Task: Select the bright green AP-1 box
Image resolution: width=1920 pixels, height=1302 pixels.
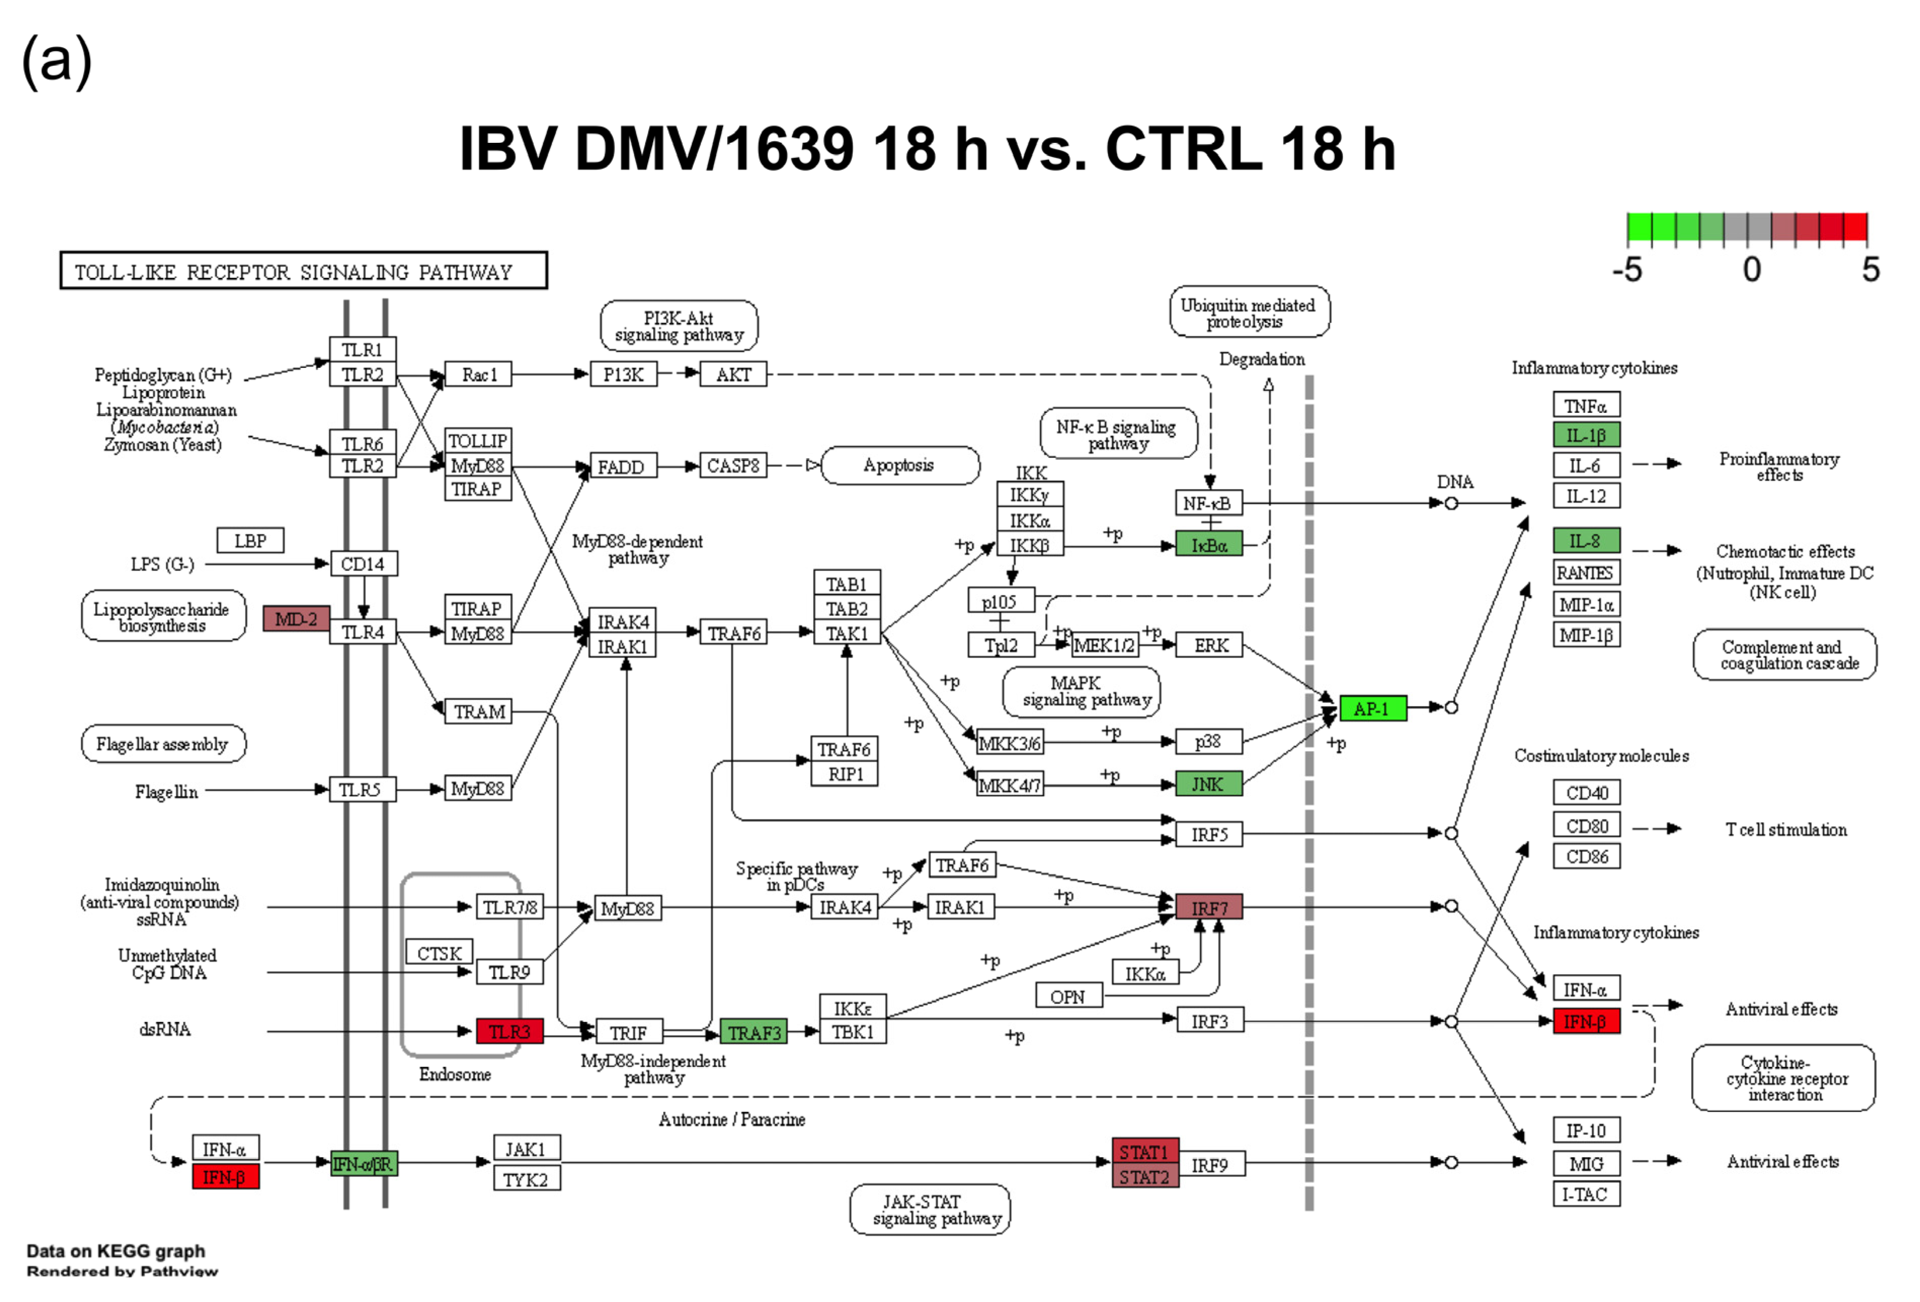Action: (x=1372, y=708)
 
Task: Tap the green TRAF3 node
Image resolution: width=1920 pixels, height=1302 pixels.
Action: (x=753, y=1032)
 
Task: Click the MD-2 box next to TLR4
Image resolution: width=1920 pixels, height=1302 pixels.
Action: (x=296, y=619)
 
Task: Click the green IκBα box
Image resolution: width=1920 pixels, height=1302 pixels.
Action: (x=1209, y=544)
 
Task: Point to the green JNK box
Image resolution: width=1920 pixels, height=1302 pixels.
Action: (x=1208, y=783)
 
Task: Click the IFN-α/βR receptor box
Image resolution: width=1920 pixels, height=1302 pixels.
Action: (x=364, y=1164)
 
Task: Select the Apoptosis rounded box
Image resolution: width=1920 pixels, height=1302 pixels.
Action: (x=900, y=465)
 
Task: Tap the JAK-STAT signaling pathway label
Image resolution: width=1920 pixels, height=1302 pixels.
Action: (x=930, y=1209)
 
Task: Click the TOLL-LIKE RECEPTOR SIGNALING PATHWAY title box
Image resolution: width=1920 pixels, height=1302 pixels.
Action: (x=303, y=271)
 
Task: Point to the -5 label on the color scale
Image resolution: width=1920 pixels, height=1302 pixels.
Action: (x=1627, y=269)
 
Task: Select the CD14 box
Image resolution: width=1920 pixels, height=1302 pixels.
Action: (x=364, y=564)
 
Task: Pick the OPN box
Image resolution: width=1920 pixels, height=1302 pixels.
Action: (x=1068, y=996)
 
